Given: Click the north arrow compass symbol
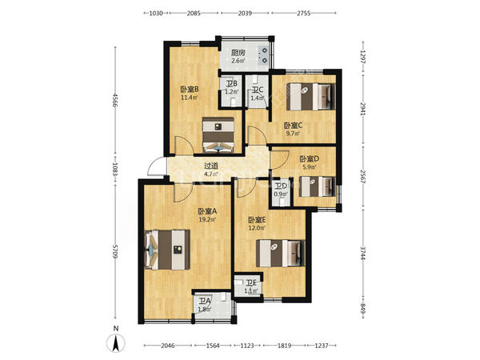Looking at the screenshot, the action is (116, 343).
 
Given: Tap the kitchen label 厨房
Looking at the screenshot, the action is (238, 53).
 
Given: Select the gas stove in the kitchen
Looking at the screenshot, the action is (263, 55).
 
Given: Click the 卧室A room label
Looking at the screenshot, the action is (207, 211).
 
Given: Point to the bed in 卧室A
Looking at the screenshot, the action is (167, 250).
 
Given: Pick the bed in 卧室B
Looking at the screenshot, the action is (218, 135).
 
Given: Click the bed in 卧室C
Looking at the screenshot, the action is (310, 97).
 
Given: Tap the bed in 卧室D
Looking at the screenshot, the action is (317, 186).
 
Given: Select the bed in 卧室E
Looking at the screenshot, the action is (280, 253).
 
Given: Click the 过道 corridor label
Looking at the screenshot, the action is (211, 166).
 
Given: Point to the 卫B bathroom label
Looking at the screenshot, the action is (232, 83).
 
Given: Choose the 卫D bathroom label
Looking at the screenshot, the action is (281, 186).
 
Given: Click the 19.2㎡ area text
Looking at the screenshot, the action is (207, 219).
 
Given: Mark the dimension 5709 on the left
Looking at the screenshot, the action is (115, 251).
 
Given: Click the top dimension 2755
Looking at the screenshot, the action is (303, 13).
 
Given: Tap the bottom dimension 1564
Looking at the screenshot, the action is (213, 346).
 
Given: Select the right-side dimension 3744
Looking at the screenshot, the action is (362, 253).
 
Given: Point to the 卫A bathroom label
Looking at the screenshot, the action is (204, 302).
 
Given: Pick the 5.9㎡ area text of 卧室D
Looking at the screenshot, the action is (309, 167).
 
